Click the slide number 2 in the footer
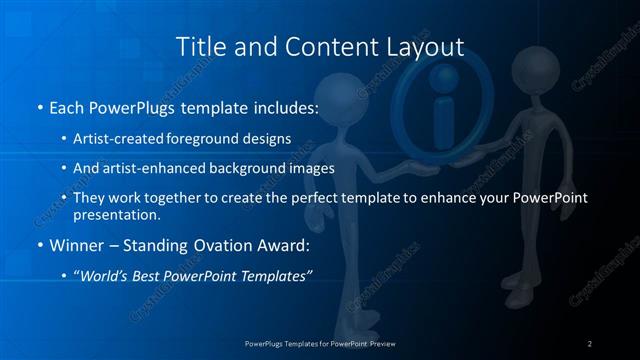589,343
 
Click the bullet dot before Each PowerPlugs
38,107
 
